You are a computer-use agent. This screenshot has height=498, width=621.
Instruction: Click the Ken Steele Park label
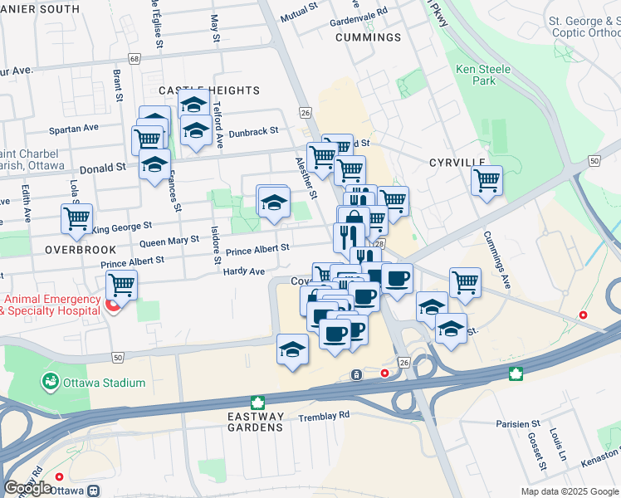pyautogui.click(x=476, y=75)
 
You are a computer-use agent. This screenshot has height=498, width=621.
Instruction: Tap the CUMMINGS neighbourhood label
pyautogui.click(x=368, y=38)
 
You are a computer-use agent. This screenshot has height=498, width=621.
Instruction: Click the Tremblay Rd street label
pyautogui.click(x=325, y=415)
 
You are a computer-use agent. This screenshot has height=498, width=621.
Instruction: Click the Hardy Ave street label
pyautogui.click(x=245, y=271)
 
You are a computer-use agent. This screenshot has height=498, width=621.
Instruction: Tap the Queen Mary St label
pyautogui.click(x=169, y=242)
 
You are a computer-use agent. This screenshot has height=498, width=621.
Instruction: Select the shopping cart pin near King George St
pyautogui.click(x=76, y=219)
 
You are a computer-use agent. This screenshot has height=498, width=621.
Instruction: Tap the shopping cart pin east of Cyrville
pyautogui.click(x=487, y=180)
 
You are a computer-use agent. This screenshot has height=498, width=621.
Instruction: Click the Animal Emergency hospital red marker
pyautogui.click(x=115, y=306)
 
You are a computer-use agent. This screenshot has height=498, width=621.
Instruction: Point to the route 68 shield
pyautogui.click(x=134, y=58)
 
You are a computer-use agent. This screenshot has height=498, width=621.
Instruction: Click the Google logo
pyautogui.click(x=27, y=488)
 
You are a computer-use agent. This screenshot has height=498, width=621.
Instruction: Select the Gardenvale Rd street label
pyautogui.click(x=359, y=12)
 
